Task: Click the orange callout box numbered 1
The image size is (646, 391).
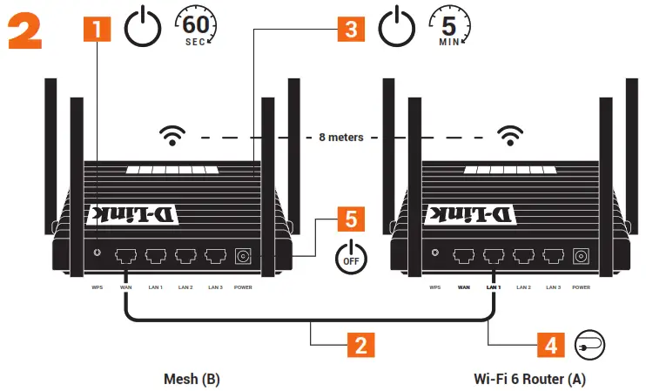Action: (97, 29)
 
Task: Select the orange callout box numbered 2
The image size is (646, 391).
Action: (359, 345)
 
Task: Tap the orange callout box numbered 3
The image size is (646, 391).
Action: (351, 29)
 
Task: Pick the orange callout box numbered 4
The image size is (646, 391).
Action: (548, 345)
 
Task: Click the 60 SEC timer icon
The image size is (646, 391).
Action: (196, 27)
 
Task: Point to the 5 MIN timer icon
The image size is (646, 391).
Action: (449, 27)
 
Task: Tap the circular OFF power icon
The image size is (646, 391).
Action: (352, 258)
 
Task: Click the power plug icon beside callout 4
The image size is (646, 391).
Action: (589, 344)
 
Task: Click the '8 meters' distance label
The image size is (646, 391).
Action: (341, 138)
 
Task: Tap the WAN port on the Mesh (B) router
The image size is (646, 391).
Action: (126, 256)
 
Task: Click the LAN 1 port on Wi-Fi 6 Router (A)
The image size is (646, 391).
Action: (494, 256)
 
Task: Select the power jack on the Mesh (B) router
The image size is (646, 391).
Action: (244, 256)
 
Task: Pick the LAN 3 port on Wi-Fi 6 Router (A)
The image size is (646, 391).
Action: (552, 256)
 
